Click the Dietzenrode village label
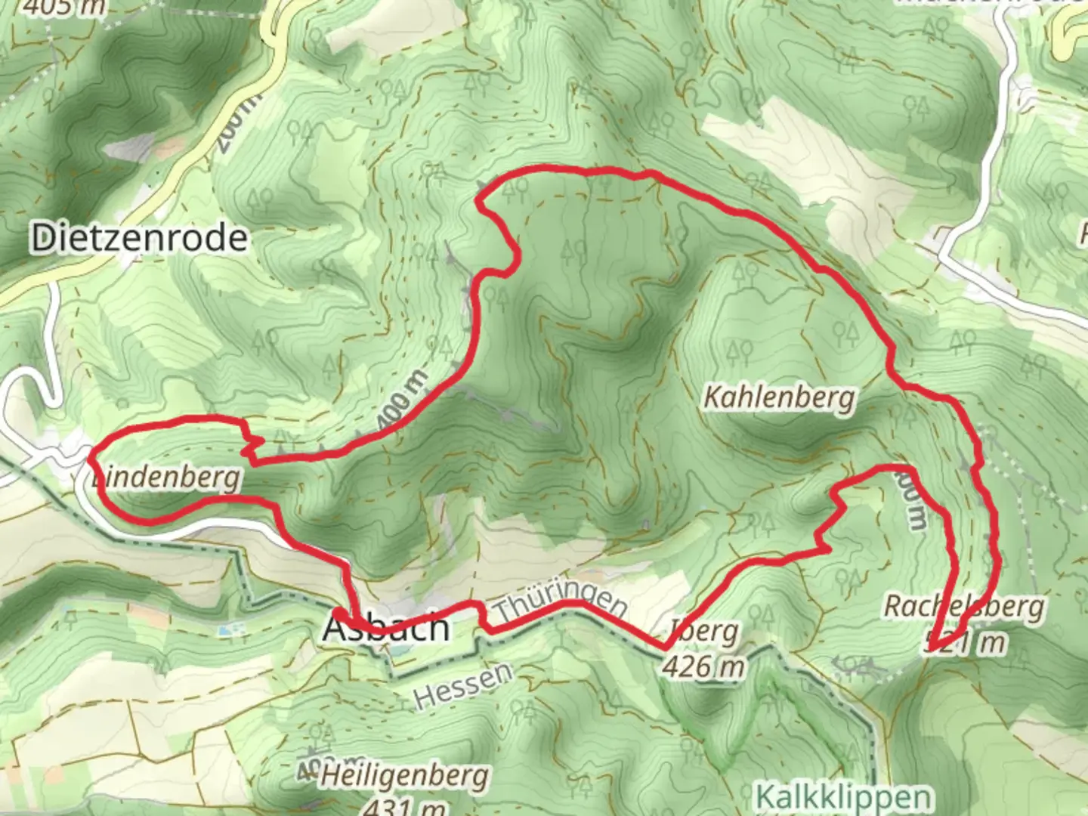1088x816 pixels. point(139,239)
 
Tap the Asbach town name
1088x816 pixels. point(386,628)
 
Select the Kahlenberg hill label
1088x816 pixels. point(779,397)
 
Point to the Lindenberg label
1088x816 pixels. point(166,478)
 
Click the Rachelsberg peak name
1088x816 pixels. point(965,607)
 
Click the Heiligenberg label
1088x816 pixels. point(403,776)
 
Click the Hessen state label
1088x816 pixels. point(463,685)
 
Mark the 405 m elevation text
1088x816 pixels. point(63,8)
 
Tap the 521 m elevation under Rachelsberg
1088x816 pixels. point(966,643)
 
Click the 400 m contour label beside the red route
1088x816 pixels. point(403,402)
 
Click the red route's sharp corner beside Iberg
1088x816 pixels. point(665,648)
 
